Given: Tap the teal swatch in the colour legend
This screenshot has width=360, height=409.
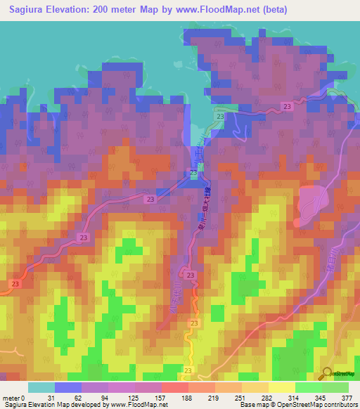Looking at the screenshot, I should click(41, 387).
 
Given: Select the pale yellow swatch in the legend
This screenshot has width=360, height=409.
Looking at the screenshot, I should click(282, 387).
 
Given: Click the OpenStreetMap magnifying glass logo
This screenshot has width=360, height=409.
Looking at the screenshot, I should click(328, 373).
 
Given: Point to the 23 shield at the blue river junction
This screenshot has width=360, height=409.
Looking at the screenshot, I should click(193, 173).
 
